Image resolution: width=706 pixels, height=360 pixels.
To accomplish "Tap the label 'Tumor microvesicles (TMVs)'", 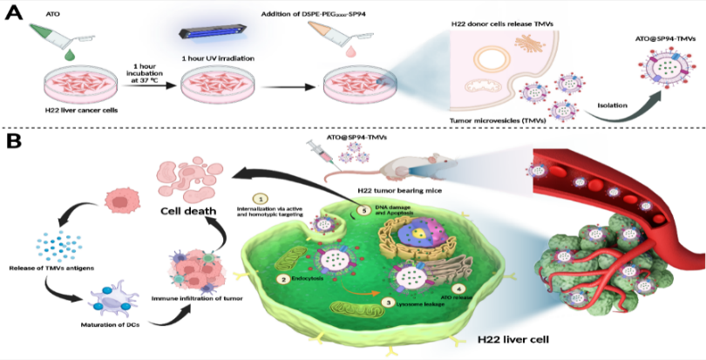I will point(496,120).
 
